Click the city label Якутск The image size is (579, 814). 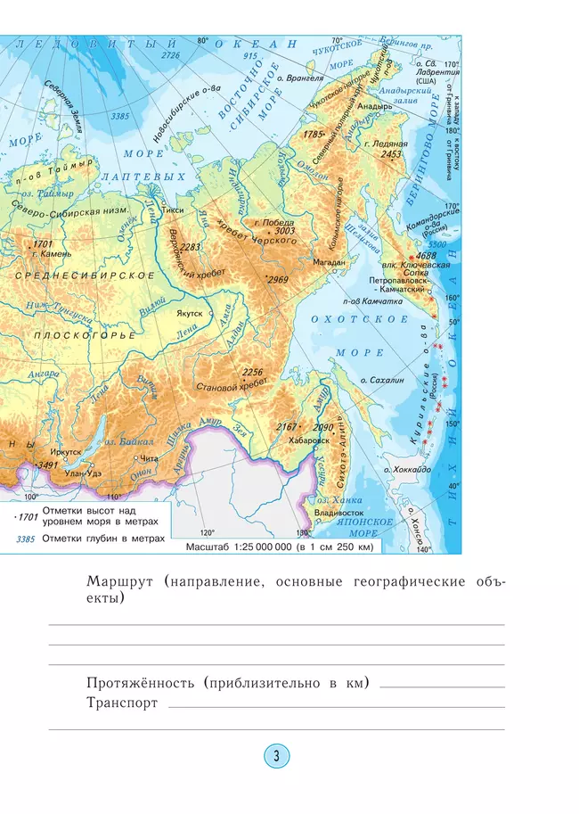coord(188,314)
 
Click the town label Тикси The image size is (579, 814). coord(174,210)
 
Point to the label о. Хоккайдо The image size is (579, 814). coord(408,469)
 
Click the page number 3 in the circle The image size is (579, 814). coord(276,757)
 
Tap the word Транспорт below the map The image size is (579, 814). coord(122,703)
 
